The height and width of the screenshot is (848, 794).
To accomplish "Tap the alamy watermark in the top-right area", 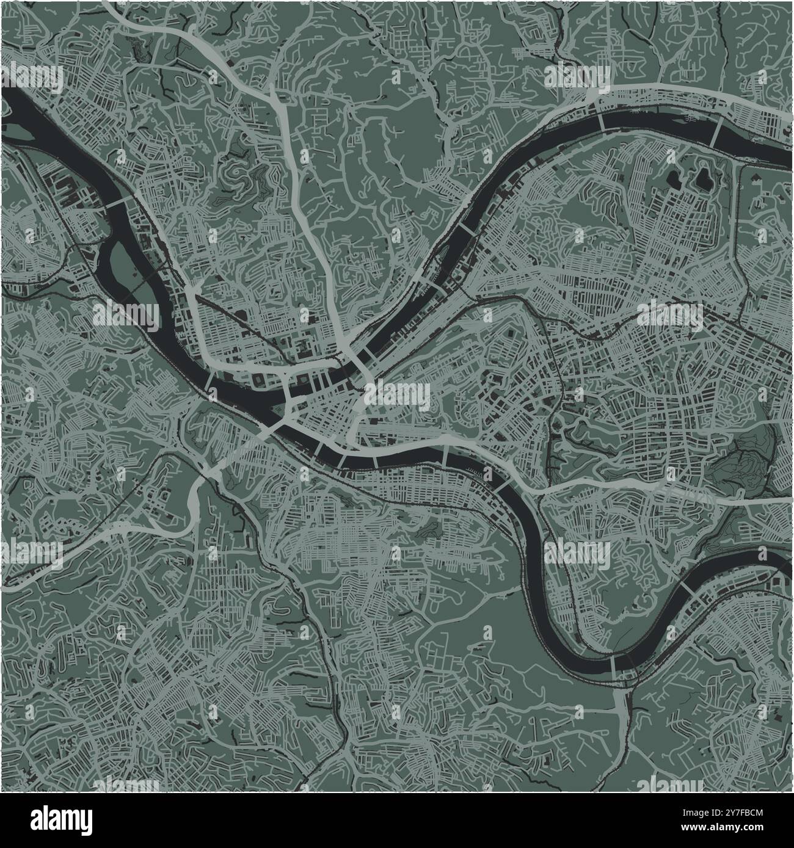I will (x=577, y=77).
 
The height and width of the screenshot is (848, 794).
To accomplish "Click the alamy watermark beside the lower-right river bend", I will (x=577, y=553).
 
